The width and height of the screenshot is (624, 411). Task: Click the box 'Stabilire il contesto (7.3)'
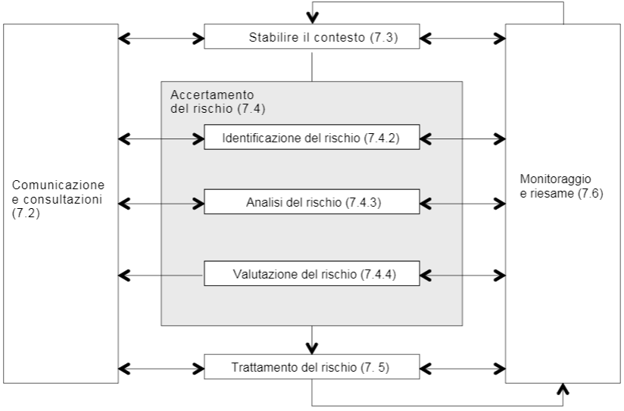coord(312,37)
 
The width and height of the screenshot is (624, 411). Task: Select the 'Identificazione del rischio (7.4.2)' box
coord(312,139)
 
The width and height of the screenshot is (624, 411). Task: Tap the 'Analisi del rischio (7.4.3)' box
coord(312,203)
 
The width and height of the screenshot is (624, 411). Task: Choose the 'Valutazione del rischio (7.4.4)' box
coord(312,273)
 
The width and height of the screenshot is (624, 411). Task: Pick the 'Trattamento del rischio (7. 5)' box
coord(312,369)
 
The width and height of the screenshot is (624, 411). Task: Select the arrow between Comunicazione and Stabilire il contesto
coord(162,36)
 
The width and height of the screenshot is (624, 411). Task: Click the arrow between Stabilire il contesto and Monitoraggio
coord(463,36)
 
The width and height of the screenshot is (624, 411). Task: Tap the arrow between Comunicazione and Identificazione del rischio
coord(162,139)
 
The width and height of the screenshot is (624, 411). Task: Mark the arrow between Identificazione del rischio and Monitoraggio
coord(463,139)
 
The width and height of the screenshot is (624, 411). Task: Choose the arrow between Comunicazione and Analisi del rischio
coord(162,203)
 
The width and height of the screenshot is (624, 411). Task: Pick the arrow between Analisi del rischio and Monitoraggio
coord(463,203)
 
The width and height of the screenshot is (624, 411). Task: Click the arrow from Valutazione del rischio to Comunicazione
coord(162,273)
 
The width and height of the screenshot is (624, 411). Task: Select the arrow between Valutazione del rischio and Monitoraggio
coord(463,273)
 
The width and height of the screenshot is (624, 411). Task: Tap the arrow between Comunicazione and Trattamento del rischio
coord(162,369)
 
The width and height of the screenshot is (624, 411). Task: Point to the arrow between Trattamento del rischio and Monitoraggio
coord(463,369)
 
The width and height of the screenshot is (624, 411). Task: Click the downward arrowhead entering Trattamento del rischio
coord(312,347)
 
